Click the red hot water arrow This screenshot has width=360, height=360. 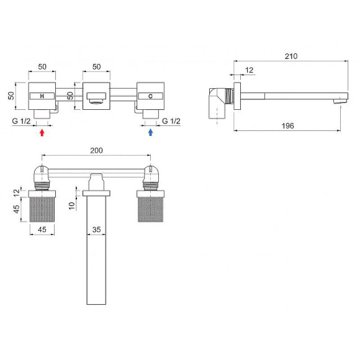point(42,133)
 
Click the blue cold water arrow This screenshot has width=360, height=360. point(151,132)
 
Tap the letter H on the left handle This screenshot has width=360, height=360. point(42,96)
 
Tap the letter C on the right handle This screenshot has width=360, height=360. point(150,96)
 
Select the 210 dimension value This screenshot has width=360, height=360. point(291,56)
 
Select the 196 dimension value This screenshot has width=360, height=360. point(288,126)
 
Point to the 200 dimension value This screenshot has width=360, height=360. point(96,151)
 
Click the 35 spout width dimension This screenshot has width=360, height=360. point(96,230)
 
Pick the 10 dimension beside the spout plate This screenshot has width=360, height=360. point(72,205)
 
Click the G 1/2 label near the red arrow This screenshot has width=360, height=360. point(21,121)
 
